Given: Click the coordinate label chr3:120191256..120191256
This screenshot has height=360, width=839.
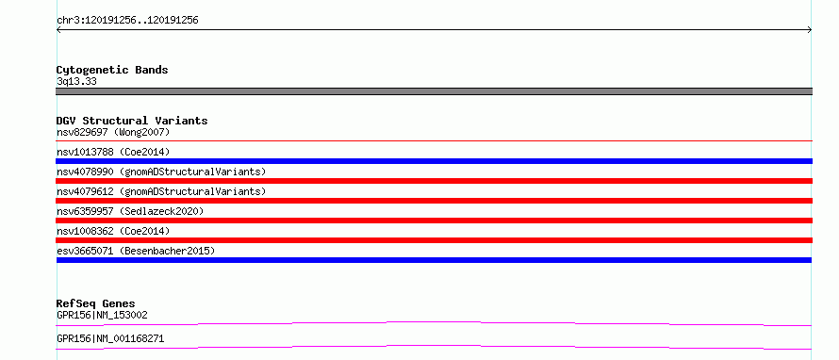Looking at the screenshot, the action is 127,21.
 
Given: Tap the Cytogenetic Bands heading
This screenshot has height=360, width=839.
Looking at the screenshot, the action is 112,70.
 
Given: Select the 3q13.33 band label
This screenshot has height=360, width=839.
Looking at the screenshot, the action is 76,81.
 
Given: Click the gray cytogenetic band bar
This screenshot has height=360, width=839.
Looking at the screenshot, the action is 434,91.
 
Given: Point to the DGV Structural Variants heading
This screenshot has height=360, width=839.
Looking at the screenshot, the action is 132,121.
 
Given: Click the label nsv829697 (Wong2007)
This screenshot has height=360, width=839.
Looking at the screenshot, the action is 113,132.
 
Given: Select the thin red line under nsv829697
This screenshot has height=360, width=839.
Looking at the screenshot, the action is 434,140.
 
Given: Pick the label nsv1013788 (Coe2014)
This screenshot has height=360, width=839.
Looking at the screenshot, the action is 113,152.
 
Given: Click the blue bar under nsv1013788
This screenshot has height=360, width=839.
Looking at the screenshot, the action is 434,161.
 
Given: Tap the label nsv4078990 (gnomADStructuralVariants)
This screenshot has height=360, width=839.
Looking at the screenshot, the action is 161,172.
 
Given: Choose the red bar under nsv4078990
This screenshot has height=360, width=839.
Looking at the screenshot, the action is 434,181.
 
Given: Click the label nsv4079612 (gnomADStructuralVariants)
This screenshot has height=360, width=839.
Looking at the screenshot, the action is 161,191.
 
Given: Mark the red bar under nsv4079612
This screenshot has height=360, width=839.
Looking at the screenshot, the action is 434,201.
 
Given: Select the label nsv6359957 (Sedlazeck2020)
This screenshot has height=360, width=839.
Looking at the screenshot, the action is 130,211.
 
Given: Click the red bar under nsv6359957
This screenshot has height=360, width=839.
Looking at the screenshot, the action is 434,221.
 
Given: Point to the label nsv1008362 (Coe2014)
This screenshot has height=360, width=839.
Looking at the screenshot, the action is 113,231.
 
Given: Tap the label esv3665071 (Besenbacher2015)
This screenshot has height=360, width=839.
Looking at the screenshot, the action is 136,251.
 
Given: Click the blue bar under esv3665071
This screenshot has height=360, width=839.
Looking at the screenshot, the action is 434,260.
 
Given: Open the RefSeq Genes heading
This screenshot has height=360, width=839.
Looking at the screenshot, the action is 96,303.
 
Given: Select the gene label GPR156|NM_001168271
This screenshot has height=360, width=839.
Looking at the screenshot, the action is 110,338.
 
